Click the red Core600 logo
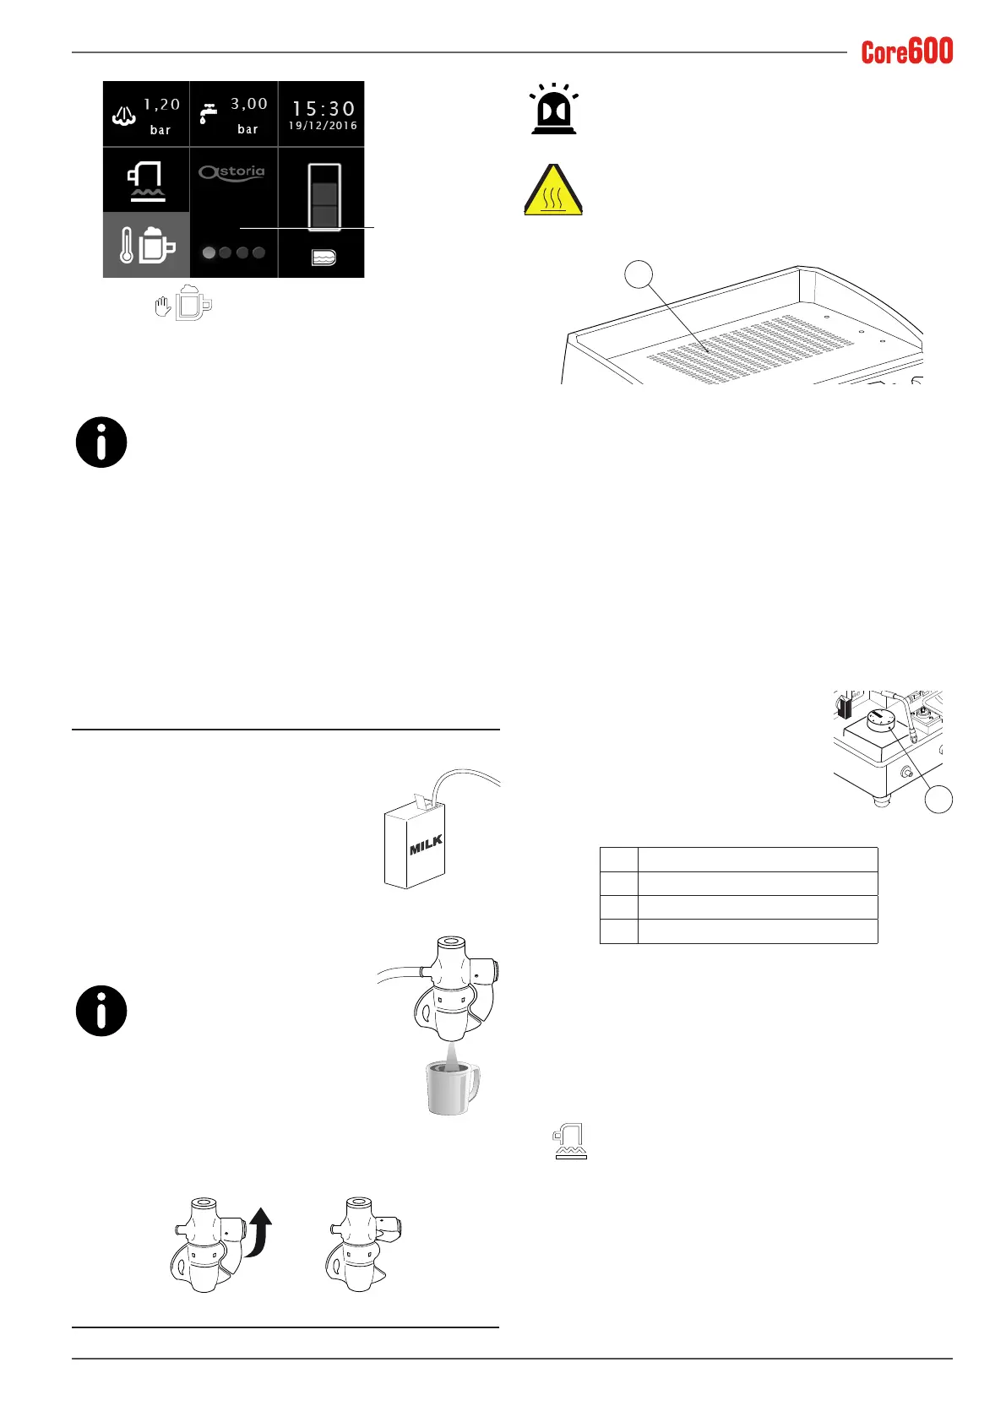[x=906, y=52]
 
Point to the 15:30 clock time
[x=323, y=109]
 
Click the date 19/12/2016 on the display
[x=323, y=126]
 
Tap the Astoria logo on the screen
[x=232, y=172]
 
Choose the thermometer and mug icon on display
[x=146, y=245]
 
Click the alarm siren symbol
[x=553, y=109]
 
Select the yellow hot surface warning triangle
[x=553, y=191]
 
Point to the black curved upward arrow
[x=258, y=1232]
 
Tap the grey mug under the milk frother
[x=453, y=1088]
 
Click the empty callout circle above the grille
[x=639, y=275]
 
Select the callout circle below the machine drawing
[x=938, y=799]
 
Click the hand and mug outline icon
[x=185, y=305]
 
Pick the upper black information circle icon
[x=101, y=442]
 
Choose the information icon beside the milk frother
[x=101, y=1011]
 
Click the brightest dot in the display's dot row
[x=209, y=252]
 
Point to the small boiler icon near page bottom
[x=570, y=1142]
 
